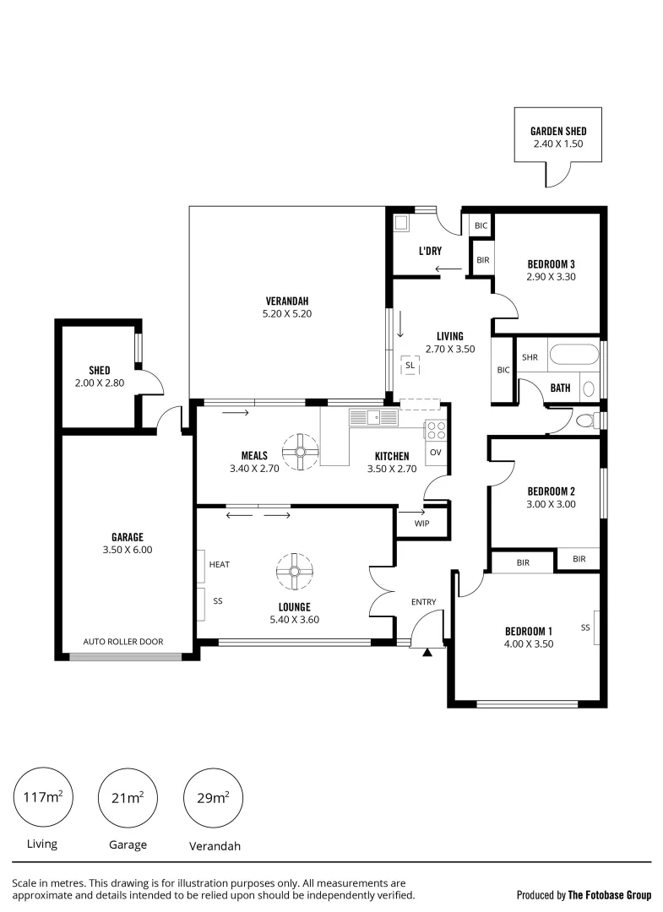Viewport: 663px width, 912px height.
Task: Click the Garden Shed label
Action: click(x=557, y=131)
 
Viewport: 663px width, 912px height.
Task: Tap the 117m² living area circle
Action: click(x=42, y=798)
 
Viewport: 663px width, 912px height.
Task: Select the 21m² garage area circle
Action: click(x=128, y=798)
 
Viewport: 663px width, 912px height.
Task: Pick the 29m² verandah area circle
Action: click(x=213, y=798)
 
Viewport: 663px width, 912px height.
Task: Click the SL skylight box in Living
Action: click(x=410, y=365)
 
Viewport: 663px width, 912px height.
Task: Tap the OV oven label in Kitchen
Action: click(x=436, y=453)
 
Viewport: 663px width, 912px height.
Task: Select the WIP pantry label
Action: click(x=422, y=524)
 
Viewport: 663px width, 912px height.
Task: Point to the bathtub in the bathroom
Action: click(x=574, y=354)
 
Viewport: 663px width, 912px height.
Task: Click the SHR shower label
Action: click(x=530, y=357)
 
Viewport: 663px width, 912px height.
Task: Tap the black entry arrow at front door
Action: click(x=428, y=651)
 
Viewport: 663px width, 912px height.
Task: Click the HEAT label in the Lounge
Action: click(x=220, y=564)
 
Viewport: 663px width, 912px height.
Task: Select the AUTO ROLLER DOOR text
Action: click(x=123, y=642)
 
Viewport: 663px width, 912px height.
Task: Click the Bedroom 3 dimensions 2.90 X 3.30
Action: click(x=551, y=276)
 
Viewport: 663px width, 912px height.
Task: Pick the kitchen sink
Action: click(x=372, y=416)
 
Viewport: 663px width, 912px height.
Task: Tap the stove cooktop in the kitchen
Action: click(x=436, y=430)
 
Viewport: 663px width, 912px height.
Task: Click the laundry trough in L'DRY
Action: click(x=402, y=224)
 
